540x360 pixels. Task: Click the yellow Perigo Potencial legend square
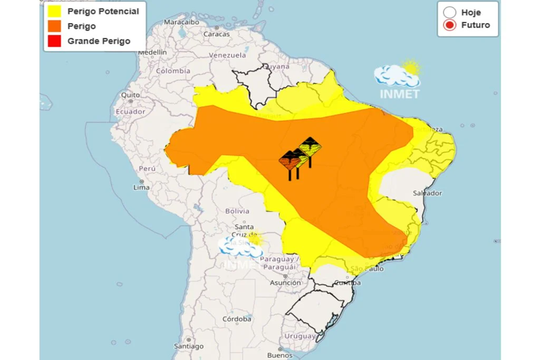coord(54,11)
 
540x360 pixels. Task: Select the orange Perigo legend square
coord(54,26)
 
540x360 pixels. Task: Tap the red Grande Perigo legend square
coord(54,41)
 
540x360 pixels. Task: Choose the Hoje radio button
coord(449,12)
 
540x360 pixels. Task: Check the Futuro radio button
coord(449,25)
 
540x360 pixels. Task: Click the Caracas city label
coord(216,34)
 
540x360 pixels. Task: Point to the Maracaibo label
coord(180,22)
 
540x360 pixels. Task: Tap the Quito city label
coord(130,95)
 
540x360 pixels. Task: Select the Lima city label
coord(141,187)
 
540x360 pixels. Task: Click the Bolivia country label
coord(237,211)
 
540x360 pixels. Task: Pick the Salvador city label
coord(427,193)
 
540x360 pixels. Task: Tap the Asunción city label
coord(285,283)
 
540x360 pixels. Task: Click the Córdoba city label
coord(237,319)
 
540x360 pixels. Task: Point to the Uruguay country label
coord(300,336)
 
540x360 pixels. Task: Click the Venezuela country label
coord(227,55)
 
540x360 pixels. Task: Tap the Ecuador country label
coord(130,111)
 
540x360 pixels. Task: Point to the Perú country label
coord(147,168)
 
